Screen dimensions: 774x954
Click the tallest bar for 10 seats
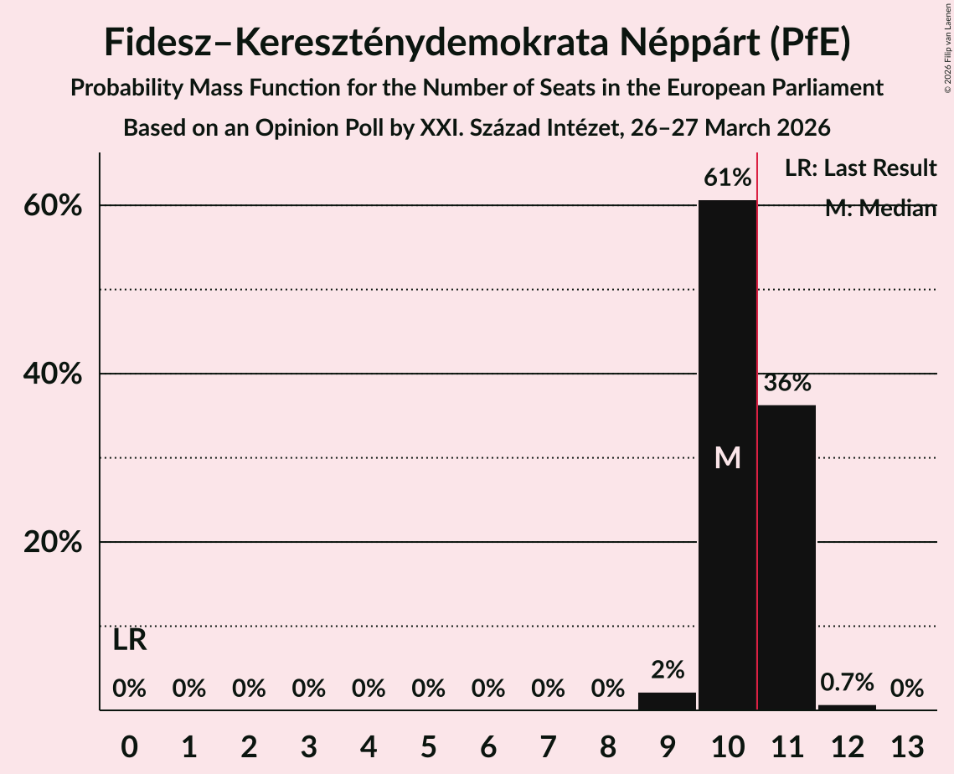pyautogui.click(x=727, y=377)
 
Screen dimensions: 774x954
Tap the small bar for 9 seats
pyautogui.click(x=667, y=701)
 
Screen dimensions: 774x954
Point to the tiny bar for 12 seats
pyautogui.click(x=847, y=707)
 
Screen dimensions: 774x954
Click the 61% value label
pyautogui.click(x=727, y=178)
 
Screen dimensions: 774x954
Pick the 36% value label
pyautogui.click(x=787, y=383)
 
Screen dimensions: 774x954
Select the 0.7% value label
pyautogui.click(x=847, y=683)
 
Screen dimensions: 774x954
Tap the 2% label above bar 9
pyautogui.click(x=668, y=670)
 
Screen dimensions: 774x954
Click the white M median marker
pyautogui.click(x=728, y=457)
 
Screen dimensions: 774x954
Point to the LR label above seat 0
pyautogui.click(x=130, y=641)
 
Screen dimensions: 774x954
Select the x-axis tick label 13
pyautogui.click(x=906, y=746)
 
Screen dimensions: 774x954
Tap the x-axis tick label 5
pyautogui.click(x=428, y=746)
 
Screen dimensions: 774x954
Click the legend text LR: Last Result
pyautogui.click(x=860, y=168)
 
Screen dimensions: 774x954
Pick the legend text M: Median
pyautogui.click(x=879, y=209)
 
